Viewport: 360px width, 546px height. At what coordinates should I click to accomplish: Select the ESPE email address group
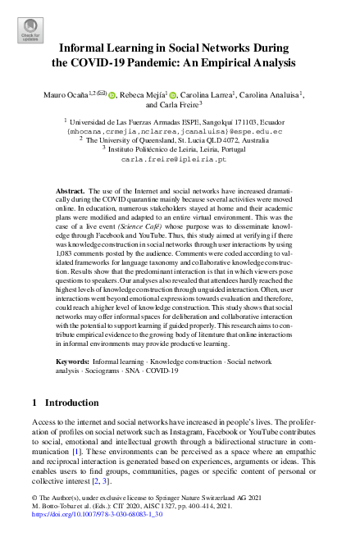[180, 130]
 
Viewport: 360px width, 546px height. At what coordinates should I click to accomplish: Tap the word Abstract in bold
[82, 190]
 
